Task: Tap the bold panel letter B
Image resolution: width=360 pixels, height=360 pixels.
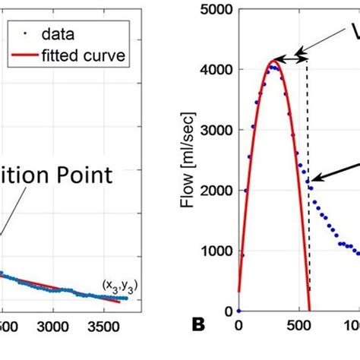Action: point(199,327)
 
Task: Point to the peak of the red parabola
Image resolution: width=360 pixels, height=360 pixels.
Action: point(274,62)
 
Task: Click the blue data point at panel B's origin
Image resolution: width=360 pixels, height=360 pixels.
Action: point(238,311)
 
